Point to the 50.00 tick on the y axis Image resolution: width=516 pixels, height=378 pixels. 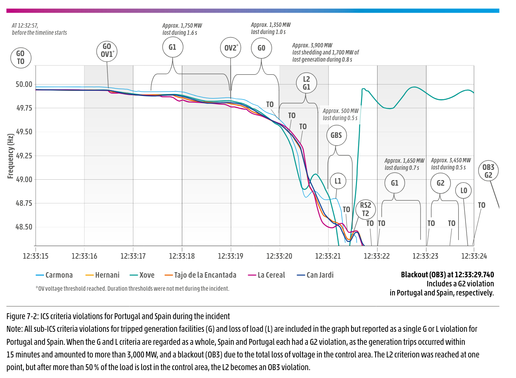(24, 84)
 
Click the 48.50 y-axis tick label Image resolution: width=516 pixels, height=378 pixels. (24, 227)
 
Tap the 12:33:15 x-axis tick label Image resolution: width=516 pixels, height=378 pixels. (36, 256)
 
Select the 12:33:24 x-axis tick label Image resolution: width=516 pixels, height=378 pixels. (474, 256)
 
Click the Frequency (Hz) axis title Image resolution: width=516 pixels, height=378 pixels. (11, 156)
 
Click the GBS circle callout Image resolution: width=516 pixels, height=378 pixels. (336, 135)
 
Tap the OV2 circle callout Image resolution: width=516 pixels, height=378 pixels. (230, 48)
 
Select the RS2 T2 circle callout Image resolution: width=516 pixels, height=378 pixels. (365, 209)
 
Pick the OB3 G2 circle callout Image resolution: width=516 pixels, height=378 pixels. (488, 171)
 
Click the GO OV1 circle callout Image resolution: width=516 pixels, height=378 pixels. (107, 51)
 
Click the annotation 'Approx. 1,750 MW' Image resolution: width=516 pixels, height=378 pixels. (182, 26)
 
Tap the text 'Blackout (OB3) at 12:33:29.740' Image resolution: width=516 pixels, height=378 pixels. (447, 275)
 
